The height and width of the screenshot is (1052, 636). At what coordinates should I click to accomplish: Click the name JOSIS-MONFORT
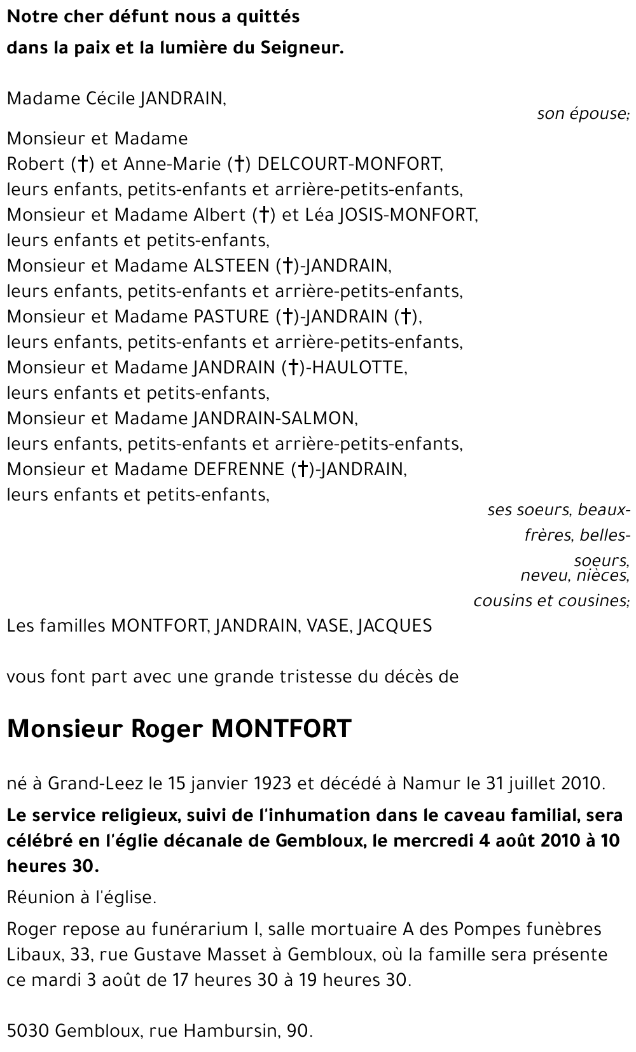coord(407,215)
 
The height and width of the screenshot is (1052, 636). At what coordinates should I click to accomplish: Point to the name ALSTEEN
coord(232,266)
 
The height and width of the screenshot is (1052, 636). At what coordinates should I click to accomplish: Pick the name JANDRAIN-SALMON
coord(274,419)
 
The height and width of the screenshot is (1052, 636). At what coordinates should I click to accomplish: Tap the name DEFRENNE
coord(239,469)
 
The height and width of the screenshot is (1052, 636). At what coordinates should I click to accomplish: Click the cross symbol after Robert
coord(82,164)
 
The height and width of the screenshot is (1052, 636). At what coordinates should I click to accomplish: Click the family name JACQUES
coord(395,626)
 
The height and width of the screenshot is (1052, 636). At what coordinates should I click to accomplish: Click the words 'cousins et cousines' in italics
coord(551,600)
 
